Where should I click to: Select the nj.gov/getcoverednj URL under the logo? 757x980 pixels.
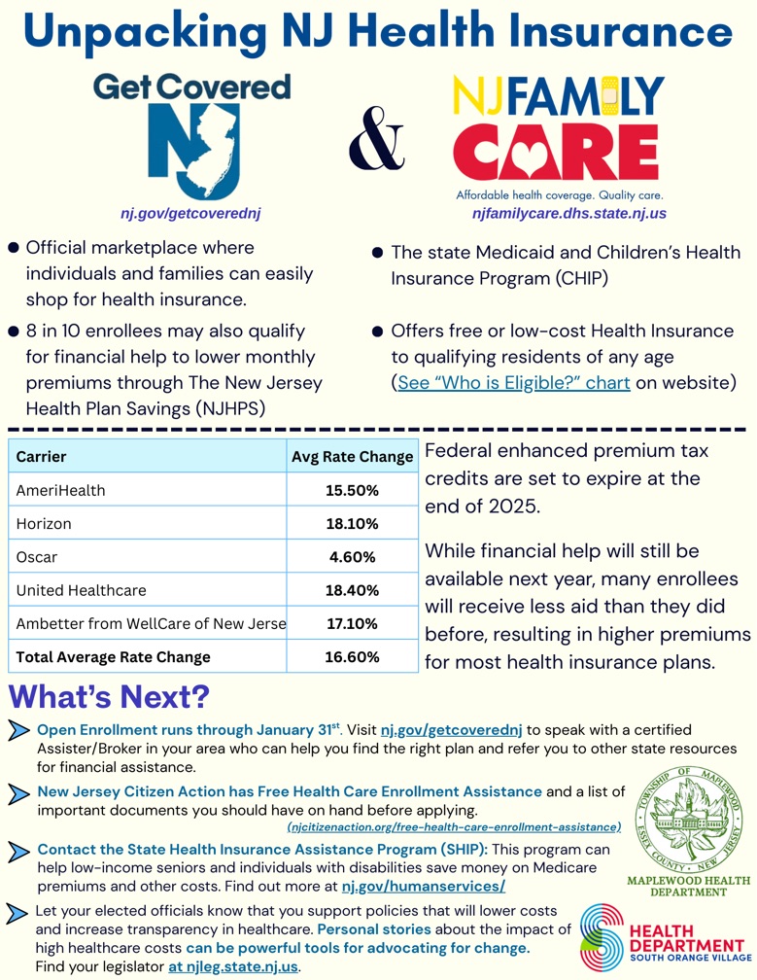click(192, 212)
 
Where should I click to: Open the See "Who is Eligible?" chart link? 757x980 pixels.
click(515, 382)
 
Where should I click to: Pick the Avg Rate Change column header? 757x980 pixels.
click(352, 457)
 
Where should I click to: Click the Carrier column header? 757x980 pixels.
click(42, 457)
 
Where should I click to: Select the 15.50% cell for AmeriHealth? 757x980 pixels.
click(352, 491)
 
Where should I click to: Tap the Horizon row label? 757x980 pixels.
click(44, 524)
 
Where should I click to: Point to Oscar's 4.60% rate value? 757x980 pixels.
click(352, 557)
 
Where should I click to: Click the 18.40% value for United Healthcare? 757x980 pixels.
click(352, 590)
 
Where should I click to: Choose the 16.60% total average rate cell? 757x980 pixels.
click(352, 656)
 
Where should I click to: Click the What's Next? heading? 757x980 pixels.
click(110, 698)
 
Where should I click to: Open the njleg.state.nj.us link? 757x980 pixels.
click(233, 966)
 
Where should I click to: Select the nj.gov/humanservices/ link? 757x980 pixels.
click(424, 887)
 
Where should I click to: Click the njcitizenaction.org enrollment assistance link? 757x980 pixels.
click(454, 827)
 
